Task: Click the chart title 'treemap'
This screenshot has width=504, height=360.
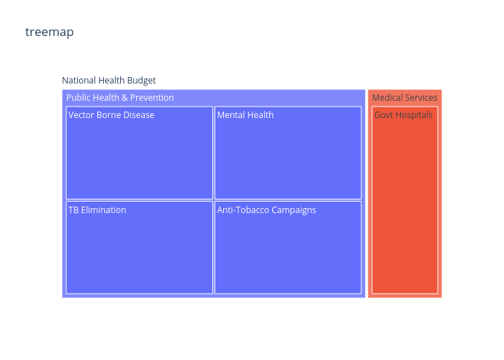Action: point(50,32)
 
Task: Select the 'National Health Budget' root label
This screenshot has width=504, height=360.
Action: point(109,81)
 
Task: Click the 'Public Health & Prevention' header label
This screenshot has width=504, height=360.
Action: point(120,98)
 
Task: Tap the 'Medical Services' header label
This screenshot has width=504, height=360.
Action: point(405,98)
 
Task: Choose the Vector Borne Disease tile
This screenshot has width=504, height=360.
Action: point(140,153)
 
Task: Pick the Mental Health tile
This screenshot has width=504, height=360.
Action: point(288,153)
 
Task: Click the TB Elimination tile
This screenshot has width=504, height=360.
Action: point(140,248)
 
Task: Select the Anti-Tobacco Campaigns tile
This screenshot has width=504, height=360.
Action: point(288,248)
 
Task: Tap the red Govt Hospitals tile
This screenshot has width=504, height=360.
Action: point(405,200)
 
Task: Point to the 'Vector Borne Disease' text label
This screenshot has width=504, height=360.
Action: point(111,115)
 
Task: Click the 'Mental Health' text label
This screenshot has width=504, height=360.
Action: point(246,115)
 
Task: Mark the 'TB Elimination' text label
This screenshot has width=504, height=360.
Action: point(97,210)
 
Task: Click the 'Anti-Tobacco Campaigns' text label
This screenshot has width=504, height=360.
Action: point(266,210)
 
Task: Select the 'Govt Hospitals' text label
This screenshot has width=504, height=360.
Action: point(403,115)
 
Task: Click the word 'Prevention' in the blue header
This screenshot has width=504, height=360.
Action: point(152,98)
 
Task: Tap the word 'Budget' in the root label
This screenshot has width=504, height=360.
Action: point(141,81)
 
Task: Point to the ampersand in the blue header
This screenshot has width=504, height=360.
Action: point(125,98)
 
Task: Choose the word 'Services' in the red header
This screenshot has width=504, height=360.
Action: point(423,98)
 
